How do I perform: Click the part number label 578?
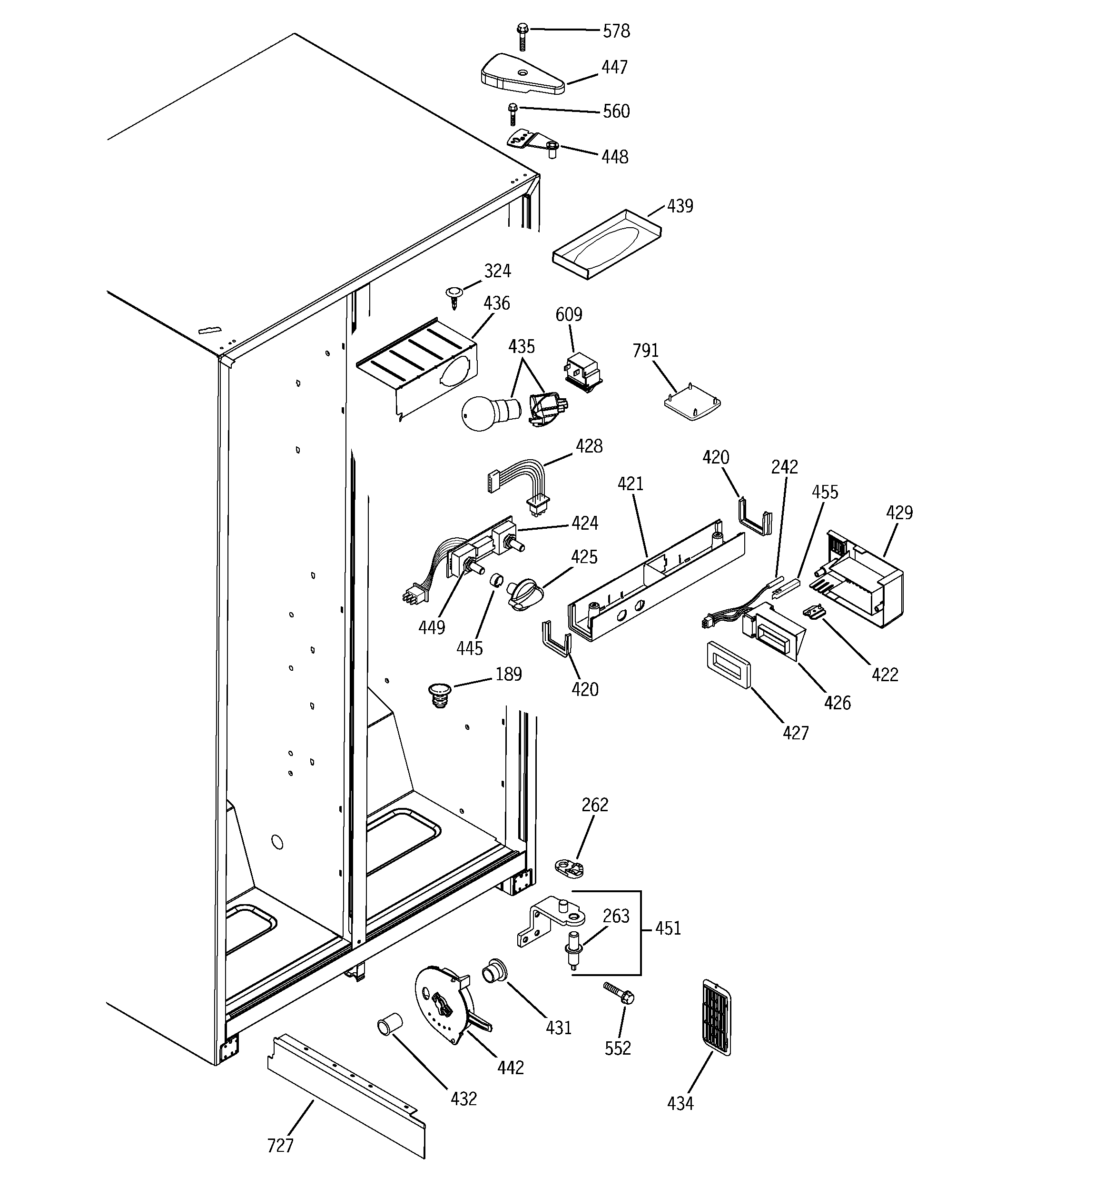point(616,31)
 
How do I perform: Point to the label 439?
point(680,206)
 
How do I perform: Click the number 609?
point(568,314)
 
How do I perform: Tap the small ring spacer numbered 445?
point(495,579)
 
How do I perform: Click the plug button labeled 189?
point(439,694)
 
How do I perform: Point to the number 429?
point(899,513)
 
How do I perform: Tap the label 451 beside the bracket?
point(668,928)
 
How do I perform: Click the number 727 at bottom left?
point(280,1145)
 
